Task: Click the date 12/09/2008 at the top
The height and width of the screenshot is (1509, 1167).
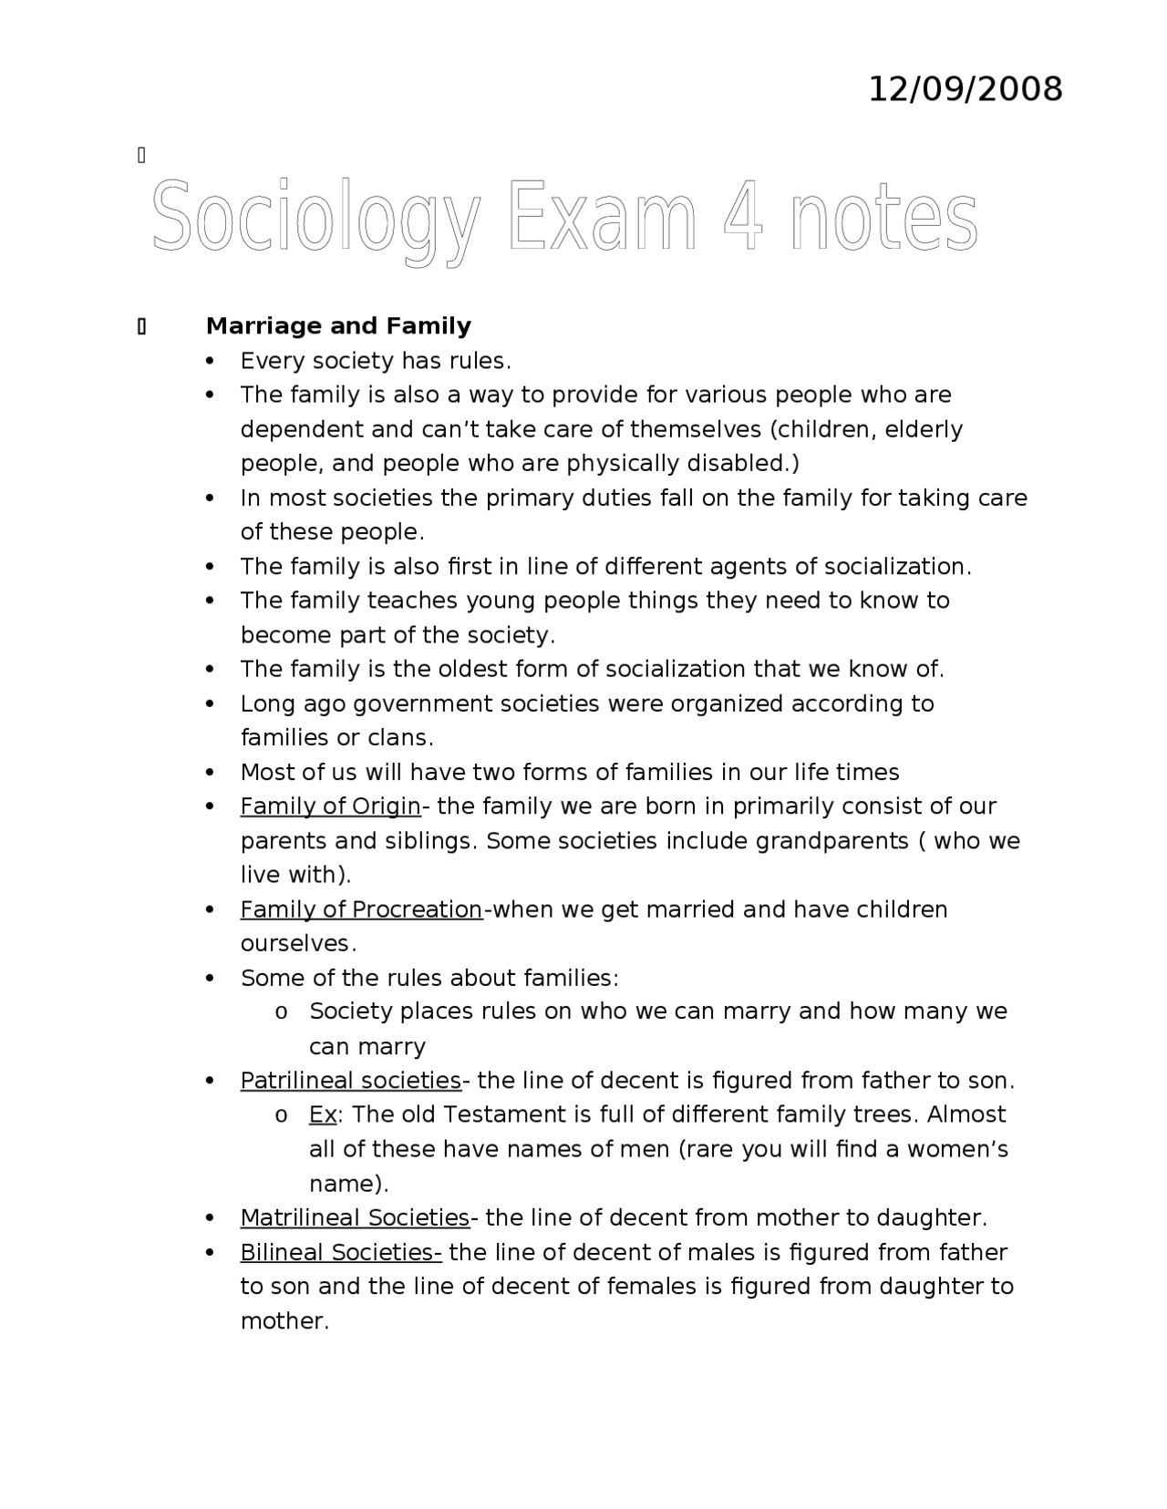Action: click(x=965, y=90)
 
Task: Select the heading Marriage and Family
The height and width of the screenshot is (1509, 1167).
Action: click(x=338, y=326)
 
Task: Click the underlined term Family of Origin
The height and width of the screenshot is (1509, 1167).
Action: click(x=330, y=806)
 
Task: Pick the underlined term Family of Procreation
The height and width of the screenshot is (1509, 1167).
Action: click(x=361, y=909)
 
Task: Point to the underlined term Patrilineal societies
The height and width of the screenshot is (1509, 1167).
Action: click(x=351, y=1081)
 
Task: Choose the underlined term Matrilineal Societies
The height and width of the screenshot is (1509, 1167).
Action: click(x=355, y=1218)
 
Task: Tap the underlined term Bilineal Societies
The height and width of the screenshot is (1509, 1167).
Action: click(x=341, y=1253)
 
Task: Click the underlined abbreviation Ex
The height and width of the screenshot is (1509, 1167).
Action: click(x=323, y=1115)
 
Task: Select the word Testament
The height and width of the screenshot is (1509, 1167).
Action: click(x=501, y=1115)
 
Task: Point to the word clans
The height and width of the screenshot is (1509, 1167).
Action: click(x=399, y=738)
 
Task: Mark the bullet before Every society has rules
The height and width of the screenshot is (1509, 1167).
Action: click(x=212, y=362)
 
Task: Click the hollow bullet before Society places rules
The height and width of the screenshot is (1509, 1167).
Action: click(x=282, y=1012)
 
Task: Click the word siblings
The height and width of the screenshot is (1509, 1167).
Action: click(x=428, y=841)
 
